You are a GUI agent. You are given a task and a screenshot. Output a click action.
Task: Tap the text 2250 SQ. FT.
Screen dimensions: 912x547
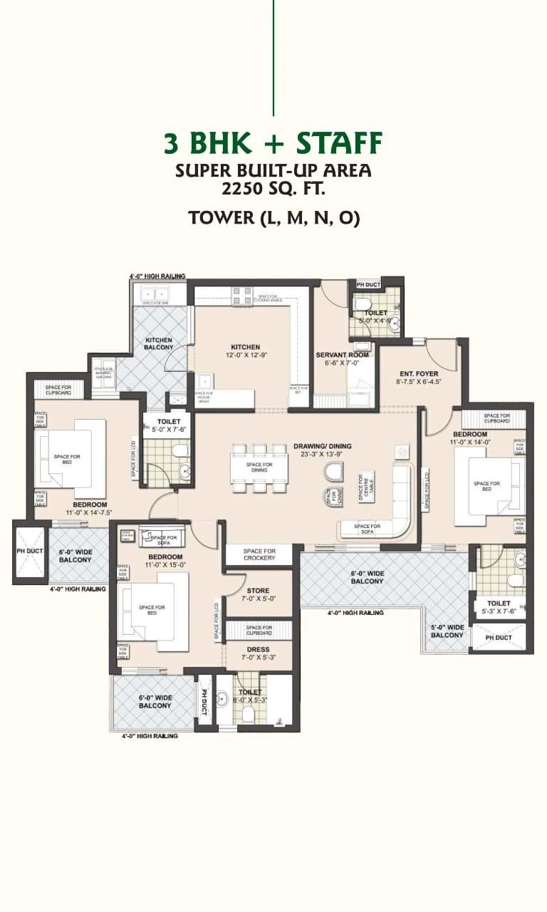273,190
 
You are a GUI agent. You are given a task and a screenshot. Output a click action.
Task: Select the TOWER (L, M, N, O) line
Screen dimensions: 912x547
273,218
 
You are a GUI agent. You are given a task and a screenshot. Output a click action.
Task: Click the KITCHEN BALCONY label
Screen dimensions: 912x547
159,343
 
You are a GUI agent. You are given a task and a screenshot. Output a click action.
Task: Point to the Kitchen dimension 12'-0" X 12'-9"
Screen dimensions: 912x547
245,356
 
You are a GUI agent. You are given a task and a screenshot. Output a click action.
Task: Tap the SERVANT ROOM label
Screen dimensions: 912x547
342,355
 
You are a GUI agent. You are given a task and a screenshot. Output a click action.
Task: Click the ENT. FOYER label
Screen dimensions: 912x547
418,373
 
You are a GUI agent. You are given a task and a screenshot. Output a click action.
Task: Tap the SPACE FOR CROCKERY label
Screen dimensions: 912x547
259,554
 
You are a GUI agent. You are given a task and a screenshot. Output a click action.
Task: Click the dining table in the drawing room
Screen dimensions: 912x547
259,467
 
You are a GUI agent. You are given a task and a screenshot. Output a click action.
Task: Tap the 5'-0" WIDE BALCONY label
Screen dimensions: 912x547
447,631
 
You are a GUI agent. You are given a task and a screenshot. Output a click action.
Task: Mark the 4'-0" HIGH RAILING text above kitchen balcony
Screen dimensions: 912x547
157,276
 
